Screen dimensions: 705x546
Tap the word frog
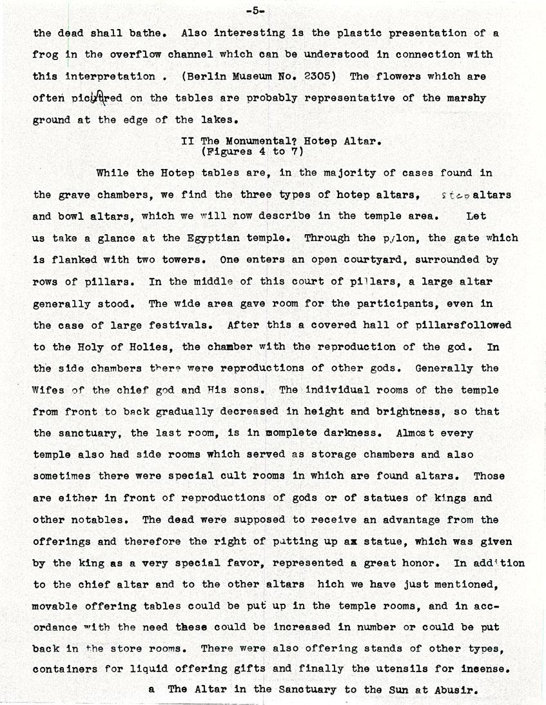(45, 54)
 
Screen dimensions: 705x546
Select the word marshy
(463, 98)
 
